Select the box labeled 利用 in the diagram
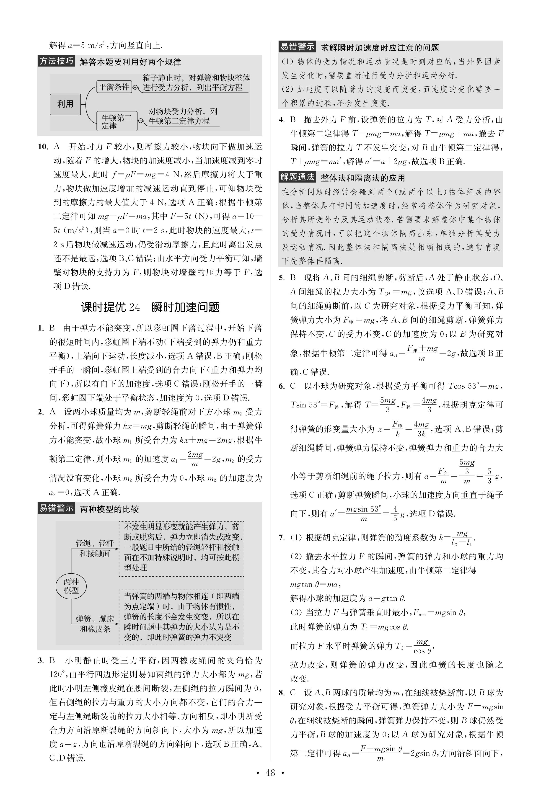[65, 104]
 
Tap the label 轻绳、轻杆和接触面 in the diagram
[95, 548]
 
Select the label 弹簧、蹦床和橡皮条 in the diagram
[95, 624]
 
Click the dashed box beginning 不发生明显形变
[181, 549]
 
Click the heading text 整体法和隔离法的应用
[363, 178]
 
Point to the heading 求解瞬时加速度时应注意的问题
[380, 48]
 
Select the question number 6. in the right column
[282, 386]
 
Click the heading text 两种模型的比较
[109, 509]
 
